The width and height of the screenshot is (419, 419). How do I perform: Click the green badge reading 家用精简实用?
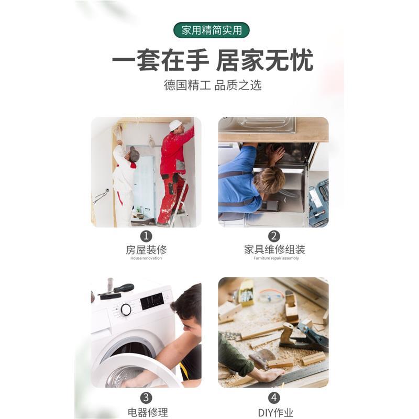(212, 30)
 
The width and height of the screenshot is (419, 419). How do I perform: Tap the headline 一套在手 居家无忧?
(212, 61)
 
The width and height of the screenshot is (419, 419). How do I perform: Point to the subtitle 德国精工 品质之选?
(212, 85)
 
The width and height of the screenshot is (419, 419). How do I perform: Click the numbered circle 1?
(146, 236)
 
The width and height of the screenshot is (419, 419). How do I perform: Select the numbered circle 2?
(274, 236)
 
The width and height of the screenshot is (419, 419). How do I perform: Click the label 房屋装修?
(146, 250)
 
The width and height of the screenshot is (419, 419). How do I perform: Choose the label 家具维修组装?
(274, 250)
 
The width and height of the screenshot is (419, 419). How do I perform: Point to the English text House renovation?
(146, 258)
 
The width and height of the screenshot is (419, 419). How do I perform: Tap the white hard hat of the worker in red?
(175, 125)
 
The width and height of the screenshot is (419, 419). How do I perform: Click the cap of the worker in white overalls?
(135, 154)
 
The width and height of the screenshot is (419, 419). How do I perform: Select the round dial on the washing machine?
(126, 310)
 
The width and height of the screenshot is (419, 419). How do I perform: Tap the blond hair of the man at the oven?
(270, 179)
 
